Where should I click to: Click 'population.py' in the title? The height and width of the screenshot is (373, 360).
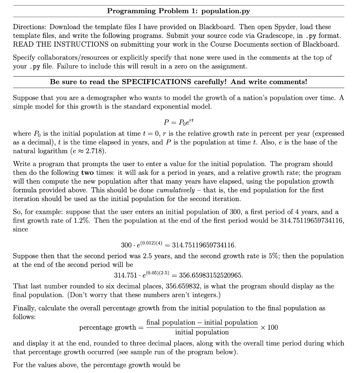(x=226, y=11)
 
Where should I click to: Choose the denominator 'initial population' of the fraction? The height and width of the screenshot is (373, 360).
(x=202, y=332)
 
